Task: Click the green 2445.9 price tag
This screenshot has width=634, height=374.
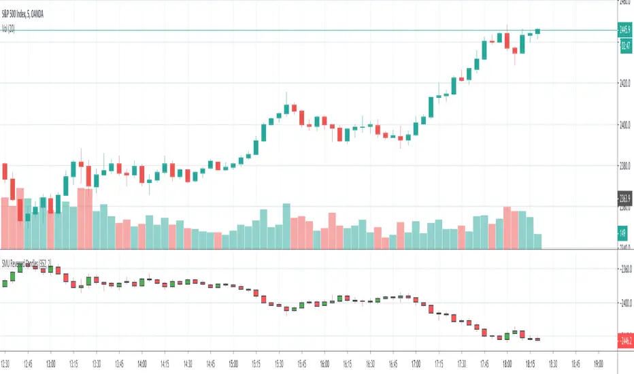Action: (x=625, y=30)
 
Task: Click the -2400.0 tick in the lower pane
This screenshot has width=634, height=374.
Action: (x=624, y=303)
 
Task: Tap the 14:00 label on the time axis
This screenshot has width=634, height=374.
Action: (x=142, y=362)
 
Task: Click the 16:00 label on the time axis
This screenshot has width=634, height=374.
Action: (x=324, y=362)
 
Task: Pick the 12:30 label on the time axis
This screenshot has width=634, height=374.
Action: (x=9, y=362)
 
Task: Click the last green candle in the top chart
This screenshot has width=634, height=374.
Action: (x=537, y=31)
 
